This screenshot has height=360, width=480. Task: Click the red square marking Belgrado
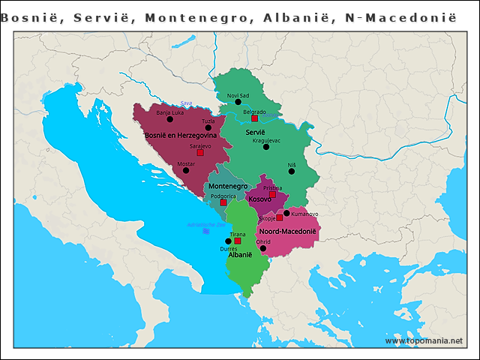(255, 118)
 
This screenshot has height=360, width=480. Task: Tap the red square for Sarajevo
(200, 152)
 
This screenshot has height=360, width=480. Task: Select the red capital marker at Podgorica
(223, 202)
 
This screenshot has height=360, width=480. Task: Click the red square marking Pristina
(273, 194)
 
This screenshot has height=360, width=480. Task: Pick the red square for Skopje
(280, 217)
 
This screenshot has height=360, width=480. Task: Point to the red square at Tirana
(238, 241)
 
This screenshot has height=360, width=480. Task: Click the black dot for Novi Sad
(238, 101)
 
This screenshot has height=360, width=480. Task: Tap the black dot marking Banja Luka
(170, 119)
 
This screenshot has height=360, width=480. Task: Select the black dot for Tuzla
(208, 127)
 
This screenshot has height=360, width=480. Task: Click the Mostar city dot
(186, 170)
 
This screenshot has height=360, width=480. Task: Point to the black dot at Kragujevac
(266, 147)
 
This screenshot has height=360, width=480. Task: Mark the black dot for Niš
(292, 171)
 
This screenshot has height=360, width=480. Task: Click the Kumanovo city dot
(286, 213)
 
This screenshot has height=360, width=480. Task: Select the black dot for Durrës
(228, 241)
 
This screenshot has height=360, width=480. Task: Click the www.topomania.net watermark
(424, 340)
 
